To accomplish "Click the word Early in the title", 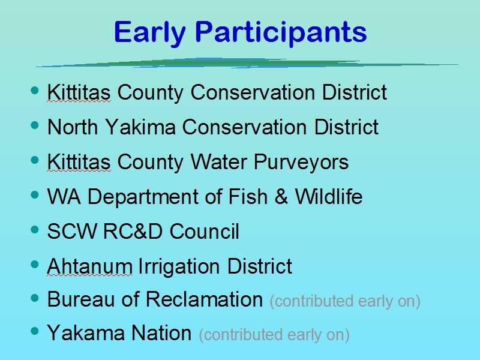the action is tap(150, 34).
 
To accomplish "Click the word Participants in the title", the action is tap(281, 34).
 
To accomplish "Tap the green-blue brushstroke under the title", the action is tap(247, 63).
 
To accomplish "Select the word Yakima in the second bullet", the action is tap(140, 127).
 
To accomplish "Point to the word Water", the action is tap(218, 161).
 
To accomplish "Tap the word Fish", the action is tap(248, 196).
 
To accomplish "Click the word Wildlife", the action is tap(328, 196).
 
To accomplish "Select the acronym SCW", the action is tap(72, 231).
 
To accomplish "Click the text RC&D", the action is tap(133, 231).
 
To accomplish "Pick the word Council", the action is tap(204, 231).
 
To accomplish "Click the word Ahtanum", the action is tap(89, 266).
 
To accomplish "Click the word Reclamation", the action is tap(204, 299).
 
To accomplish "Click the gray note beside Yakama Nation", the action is tap(274, 335).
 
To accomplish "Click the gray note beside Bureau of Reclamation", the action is tap(345, 301).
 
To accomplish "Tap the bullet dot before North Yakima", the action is tap(35, 125).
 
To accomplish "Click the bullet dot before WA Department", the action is tap(35, 194).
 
